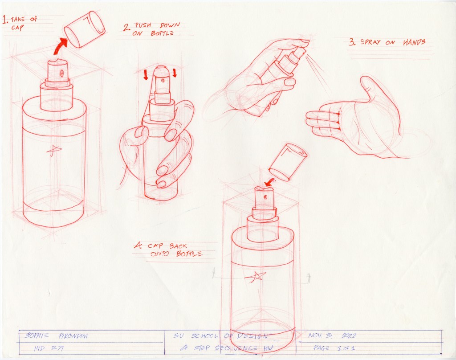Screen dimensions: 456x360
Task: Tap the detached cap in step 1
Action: point(84,29)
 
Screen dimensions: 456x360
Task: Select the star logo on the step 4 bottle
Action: point(255,277)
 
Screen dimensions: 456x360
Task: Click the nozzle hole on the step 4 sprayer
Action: point(265,197)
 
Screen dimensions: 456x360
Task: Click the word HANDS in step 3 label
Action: point(414,42)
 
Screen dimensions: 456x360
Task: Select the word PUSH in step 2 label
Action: point(143,25)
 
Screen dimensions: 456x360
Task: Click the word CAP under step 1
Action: point(17,28)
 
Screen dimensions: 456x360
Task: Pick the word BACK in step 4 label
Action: point(178,246)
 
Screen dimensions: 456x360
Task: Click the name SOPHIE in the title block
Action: point(37,335)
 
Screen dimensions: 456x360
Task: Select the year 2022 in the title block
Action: point(348,335)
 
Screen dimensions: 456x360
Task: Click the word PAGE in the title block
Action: point(322,348)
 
